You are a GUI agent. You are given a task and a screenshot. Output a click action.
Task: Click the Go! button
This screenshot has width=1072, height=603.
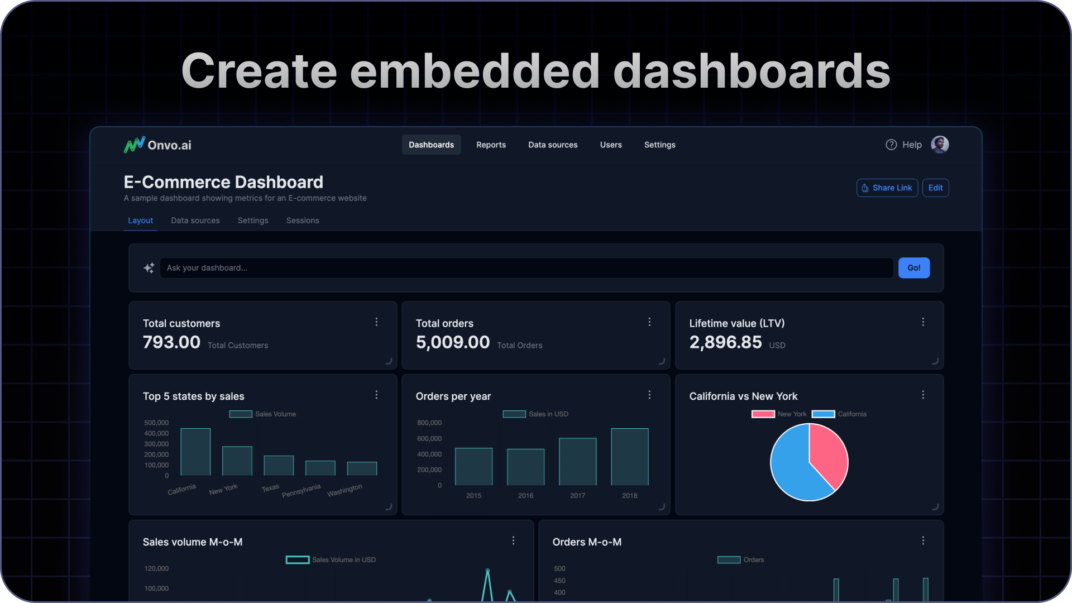coord(913,268)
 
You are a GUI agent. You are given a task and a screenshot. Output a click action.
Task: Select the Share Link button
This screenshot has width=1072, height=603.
coord(887,188)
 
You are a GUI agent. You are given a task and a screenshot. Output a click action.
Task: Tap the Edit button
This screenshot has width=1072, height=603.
coord(935,188)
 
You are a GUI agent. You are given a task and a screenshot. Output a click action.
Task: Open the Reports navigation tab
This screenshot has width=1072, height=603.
coord(491,145)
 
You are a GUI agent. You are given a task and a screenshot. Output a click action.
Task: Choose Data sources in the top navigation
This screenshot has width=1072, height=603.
coord(553,145)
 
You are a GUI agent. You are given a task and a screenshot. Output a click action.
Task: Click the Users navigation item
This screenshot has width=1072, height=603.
coord(611,145)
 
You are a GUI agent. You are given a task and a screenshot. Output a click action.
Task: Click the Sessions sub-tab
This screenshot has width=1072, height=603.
coord(303,221)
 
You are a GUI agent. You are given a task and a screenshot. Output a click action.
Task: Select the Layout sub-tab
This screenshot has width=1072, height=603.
coord(140,221)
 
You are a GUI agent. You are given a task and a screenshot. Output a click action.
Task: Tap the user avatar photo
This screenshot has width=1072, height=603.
coord(940,145)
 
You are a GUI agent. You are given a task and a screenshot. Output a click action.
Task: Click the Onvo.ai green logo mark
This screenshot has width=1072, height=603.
coord(134,145)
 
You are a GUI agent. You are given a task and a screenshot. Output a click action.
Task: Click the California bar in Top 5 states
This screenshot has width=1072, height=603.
coord(195,452)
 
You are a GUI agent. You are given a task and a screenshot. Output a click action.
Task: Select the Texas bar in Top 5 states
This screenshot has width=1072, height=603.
coord(279,466)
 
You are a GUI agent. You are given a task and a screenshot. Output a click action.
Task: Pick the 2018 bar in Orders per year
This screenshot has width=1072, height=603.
coord(629,457)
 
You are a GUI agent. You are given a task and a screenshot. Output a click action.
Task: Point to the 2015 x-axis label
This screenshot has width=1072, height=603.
coord(473,496)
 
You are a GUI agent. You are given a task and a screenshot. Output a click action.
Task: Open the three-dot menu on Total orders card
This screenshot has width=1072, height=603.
coord(649,322)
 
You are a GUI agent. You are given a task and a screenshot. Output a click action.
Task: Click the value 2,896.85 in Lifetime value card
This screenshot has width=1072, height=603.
coord(725,342)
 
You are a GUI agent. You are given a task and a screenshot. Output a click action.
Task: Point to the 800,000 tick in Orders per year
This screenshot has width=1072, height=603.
coord(429,423)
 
